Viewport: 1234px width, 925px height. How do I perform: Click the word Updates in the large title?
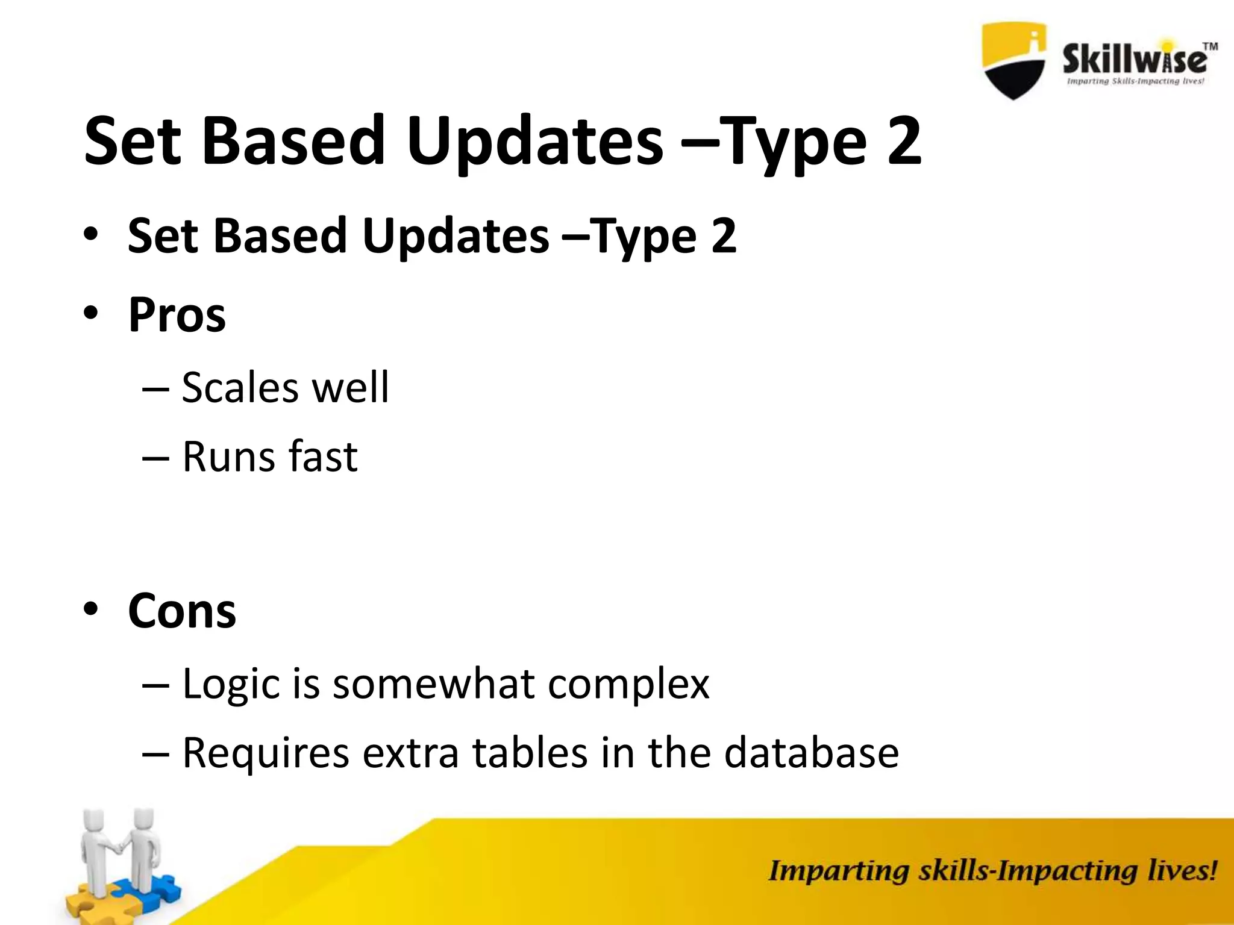click(x=535, y=142)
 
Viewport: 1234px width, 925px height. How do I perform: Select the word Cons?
click(x=182, y=611)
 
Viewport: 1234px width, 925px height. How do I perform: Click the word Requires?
click(x=266, y=753)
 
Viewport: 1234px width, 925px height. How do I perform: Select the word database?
click(x=811, y=753)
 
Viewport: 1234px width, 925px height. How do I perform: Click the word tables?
click(x=530, y=753)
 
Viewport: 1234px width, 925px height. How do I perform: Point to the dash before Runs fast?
click(x=155, y=457)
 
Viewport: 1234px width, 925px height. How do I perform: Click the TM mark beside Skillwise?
click(x=1210, y=46)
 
